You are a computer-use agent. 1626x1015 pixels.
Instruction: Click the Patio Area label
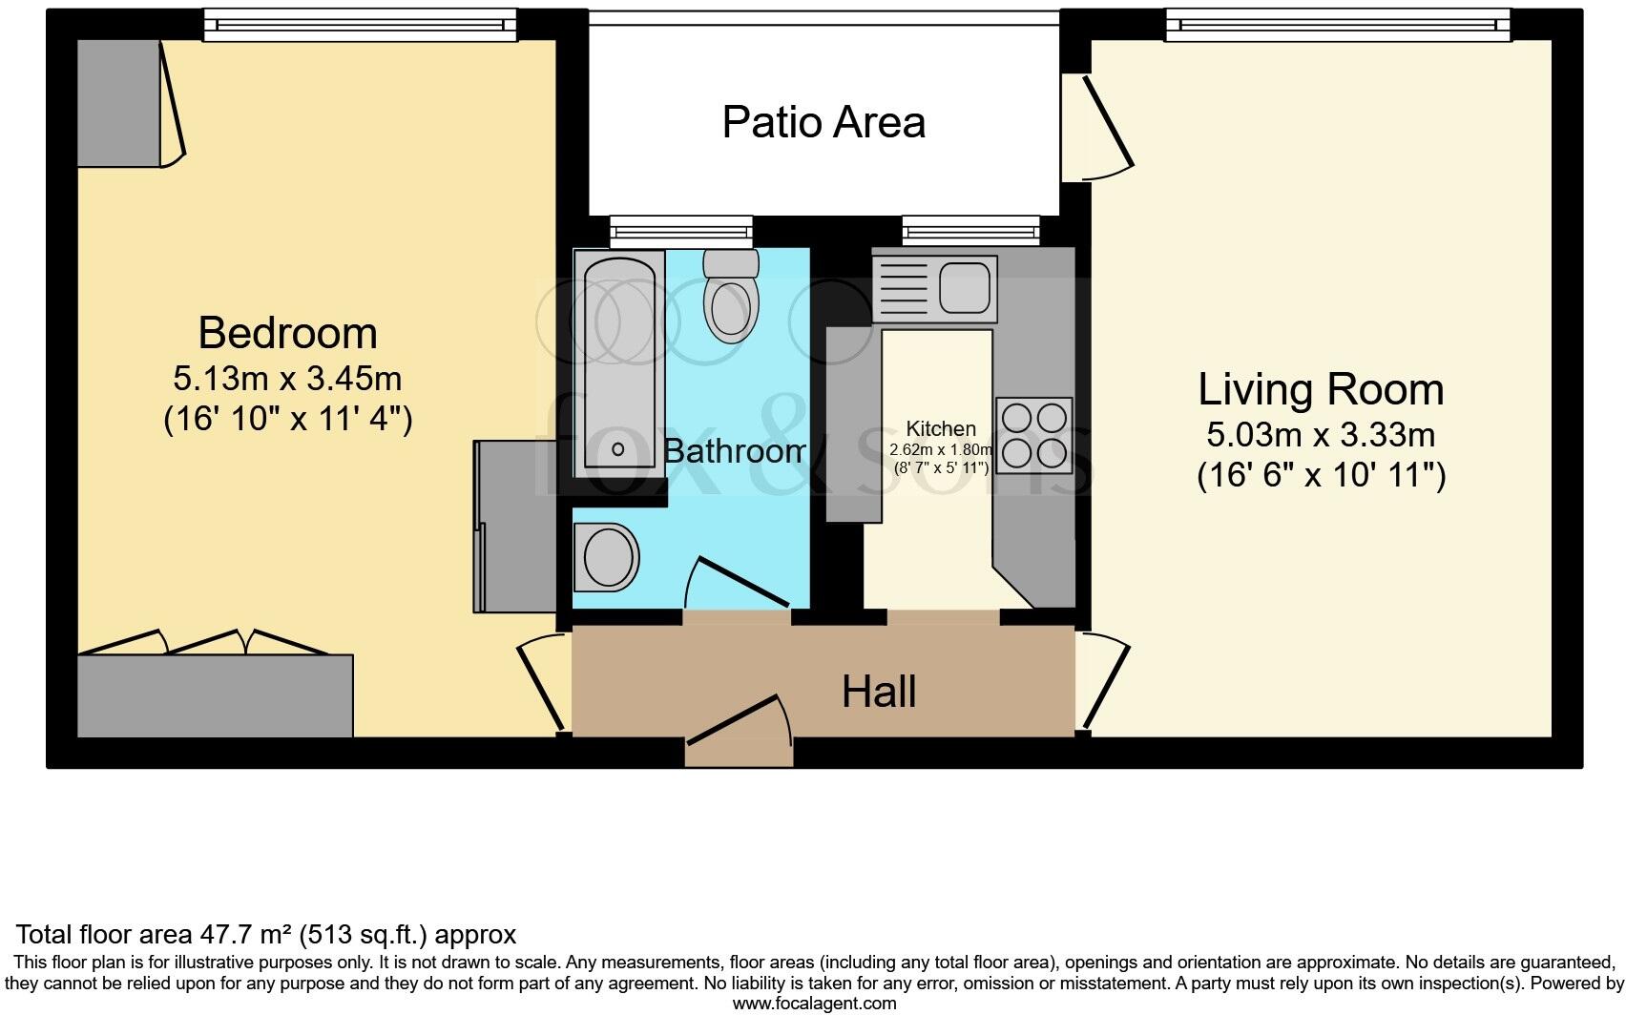click(x=823, y=122)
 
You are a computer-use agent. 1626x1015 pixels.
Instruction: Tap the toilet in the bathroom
click(x=731, y=296)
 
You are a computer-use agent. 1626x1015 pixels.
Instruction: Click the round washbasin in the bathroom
click(x=607, y=557)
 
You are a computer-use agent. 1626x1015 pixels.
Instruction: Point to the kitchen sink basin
click(x=964, y=287)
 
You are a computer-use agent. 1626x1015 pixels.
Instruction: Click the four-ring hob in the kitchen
click(x=1033, y=435)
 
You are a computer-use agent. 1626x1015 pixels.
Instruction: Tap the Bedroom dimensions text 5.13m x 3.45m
click(x=287, y=379)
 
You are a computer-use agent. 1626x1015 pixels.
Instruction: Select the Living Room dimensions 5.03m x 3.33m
click(x=1321, y=435)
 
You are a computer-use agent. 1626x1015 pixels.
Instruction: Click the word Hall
click(x=878, y=693)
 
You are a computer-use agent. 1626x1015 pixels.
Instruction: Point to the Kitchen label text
click(x=941, y=428)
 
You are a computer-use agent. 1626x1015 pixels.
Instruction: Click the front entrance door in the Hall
click(x=740, y=729)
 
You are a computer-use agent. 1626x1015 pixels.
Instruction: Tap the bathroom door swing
click(x=736, y=583)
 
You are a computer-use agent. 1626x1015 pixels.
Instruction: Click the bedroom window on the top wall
click(x=360, y=26)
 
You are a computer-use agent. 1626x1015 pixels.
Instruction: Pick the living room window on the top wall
click(x=1339, y=26)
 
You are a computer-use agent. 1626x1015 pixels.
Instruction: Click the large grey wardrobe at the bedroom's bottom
click(x=216, y=695)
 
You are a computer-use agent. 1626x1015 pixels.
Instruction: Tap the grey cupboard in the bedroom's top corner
click(x=119, y=103)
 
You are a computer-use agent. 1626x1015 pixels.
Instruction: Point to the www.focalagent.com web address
click(x=815, y=1005)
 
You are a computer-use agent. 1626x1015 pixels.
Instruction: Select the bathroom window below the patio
click(x=681, y=232)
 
